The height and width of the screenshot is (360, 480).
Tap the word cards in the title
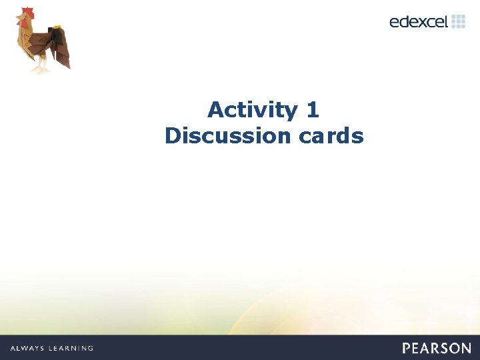coord(331,136)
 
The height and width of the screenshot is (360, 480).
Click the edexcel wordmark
coord(419,22)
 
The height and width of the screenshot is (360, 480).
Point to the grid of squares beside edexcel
coord(459,21)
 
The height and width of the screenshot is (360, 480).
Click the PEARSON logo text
coord(436,348)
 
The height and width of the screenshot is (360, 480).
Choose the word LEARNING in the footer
coord(72,348)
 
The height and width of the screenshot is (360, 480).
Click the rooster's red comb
coord(26,13)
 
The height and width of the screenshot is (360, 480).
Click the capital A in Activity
coord(215,109)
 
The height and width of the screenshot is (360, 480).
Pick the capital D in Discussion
coord(172,136)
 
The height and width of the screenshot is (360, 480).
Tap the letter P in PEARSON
coord(407,348)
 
